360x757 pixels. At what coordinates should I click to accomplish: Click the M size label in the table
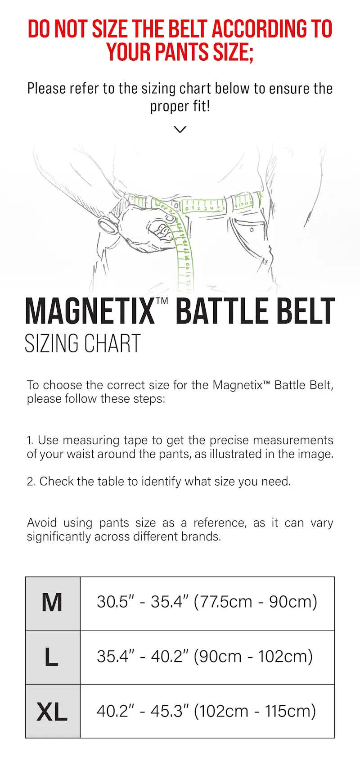click(x=52, y=603)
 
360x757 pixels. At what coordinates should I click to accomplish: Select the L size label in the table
click(x=52, y=657)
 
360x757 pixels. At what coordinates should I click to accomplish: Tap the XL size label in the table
click(x=52, y=712)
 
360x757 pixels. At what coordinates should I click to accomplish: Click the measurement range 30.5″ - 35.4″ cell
click(x=207, y=602)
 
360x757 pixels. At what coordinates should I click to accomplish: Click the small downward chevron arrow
click(x=180, y=130)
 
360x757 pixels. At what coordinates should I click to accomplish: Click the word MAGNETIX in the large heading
click(x=90, y=311)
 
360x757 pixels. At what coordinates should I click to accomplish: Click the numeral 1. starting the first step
click(x=30, y=440)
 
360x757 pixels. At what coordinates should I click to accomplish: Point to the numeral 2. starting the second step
click(x=31, y=482)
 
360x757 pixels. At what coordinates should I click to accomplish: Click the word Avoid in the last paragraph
click(x=42, y=523)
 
